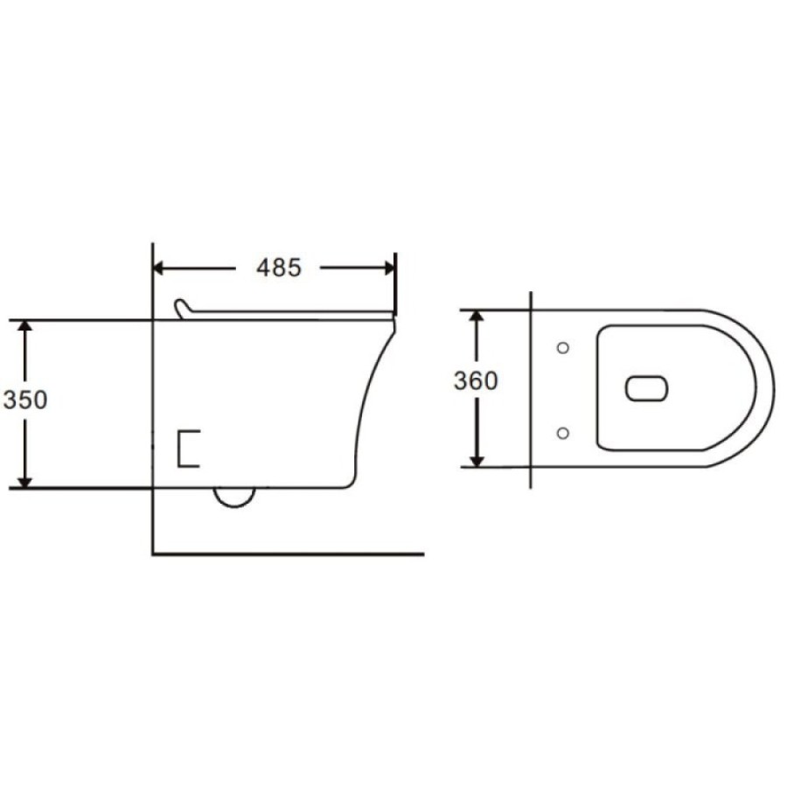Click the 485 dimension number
click(x=279, y=268)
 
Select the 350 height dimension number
click(x=25, y=400)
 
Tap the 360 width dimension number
click(x=476, y=380)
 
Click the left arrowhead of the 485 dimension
click(x=158, y=268)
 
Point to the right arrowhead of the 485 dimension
click(x=390, y=268)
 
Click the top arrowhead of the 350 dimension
click(x=25, y=326)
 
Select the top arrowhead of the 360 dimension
click(x=477, y=317)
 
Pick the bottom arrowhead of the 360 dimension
click(x=477, y=461)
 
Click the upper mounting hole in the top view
click(x=563, y=347)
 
